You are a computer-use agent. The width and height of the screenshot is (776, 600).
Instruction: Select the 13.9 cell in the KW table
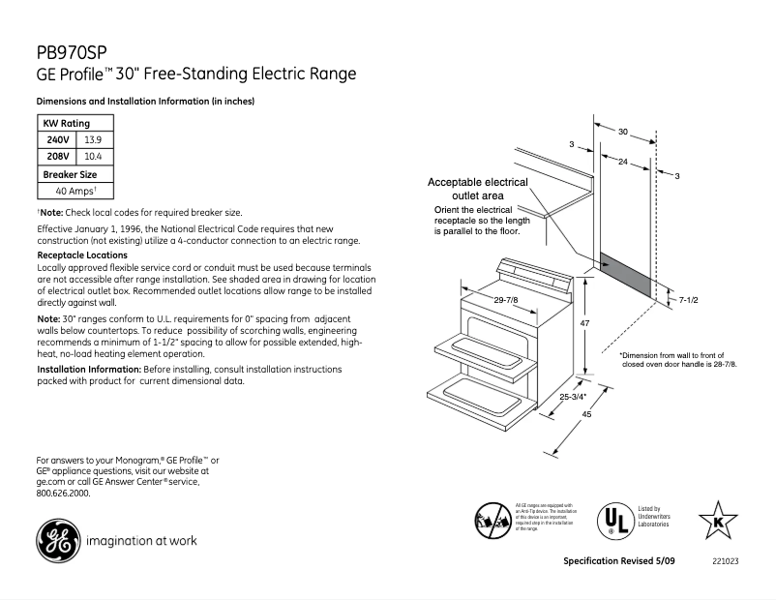pos(94,139)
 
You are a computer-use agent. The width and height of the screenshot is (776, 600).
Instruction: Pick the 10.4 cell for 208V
pos(94,156)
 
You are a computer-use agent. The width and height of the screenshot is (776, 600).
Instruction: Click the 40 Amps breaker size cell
pos(75,192)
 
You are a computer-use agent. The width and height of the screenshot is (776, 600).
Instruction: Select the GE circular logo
pos(57,540)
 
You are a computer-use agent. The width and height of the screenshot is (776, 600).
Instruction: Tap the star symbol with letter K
pos(718,519)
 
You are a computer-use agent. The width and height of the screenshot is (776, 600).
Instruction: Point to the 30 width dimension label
pos(623,131)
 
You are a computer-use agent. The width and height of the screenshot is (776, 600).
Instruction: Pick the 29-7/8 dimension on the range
pos(505,301)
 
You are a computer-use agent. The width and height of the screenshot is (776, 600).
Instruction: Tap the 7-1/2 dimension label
pos(688,301)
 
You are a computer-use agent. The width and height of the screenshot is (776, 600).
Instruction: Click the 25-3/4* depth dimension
pos(573,397)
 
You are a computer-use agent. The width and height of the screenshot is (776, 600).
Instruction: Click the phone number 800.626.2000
pos(63,493)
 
